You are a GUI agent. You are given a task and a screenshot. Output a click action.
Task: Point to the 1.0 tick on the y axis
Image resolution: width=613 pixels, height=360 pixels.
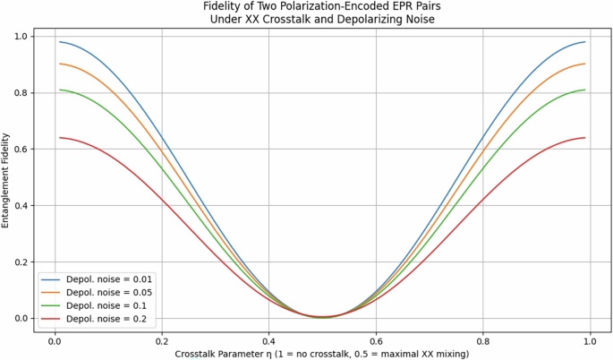[x=19, y=36]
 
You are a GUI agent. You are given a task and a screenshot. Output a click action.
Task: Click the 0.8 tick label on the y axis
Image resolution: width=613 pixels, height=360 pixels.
[x=19, y=92]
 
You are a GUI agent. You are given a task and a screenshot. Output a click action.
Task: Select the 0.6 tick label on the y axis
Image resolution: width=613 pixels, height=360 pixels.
[x=19, y=149]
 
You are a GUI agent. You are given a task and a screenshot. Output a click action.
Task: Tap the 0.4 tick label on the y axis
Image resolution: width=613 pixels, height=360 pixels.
[x=19, y=205]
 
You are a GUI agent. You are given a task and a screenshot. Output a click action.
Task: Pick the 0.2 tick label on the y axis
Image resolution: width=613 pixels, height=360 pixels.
[x=19, y=261]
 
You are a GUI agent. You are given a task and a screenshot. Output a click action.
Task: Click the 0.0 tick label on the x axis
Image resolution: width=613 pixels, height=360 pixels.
[x=54, y=341]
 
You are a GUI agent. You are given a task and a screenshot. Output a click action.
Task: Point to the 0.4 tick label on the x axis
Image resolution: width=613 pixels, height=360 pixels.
[x=268, y=341]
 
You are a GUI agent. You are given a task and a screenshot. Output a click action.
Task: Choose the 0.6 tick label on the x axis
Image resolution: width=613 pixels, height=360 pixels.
[x=376, y=341]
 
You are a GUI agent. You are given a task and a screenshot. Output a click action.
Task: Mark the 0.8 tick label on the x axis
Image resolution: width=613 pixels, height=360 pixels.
[x=483, y=341]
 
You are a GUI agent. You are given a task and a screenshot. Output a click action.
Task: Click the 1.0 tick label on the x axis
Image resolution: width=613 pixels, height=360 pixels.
[x=591, y=341]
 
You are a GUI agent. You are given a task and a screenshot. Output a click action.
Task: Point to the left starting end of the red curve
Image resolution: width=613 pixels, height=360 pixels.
[x=59, y=137]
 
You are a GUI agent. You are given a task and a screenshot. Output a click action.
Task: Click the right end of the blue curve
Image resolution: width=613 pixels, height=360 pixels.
[x=585, y=42]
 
